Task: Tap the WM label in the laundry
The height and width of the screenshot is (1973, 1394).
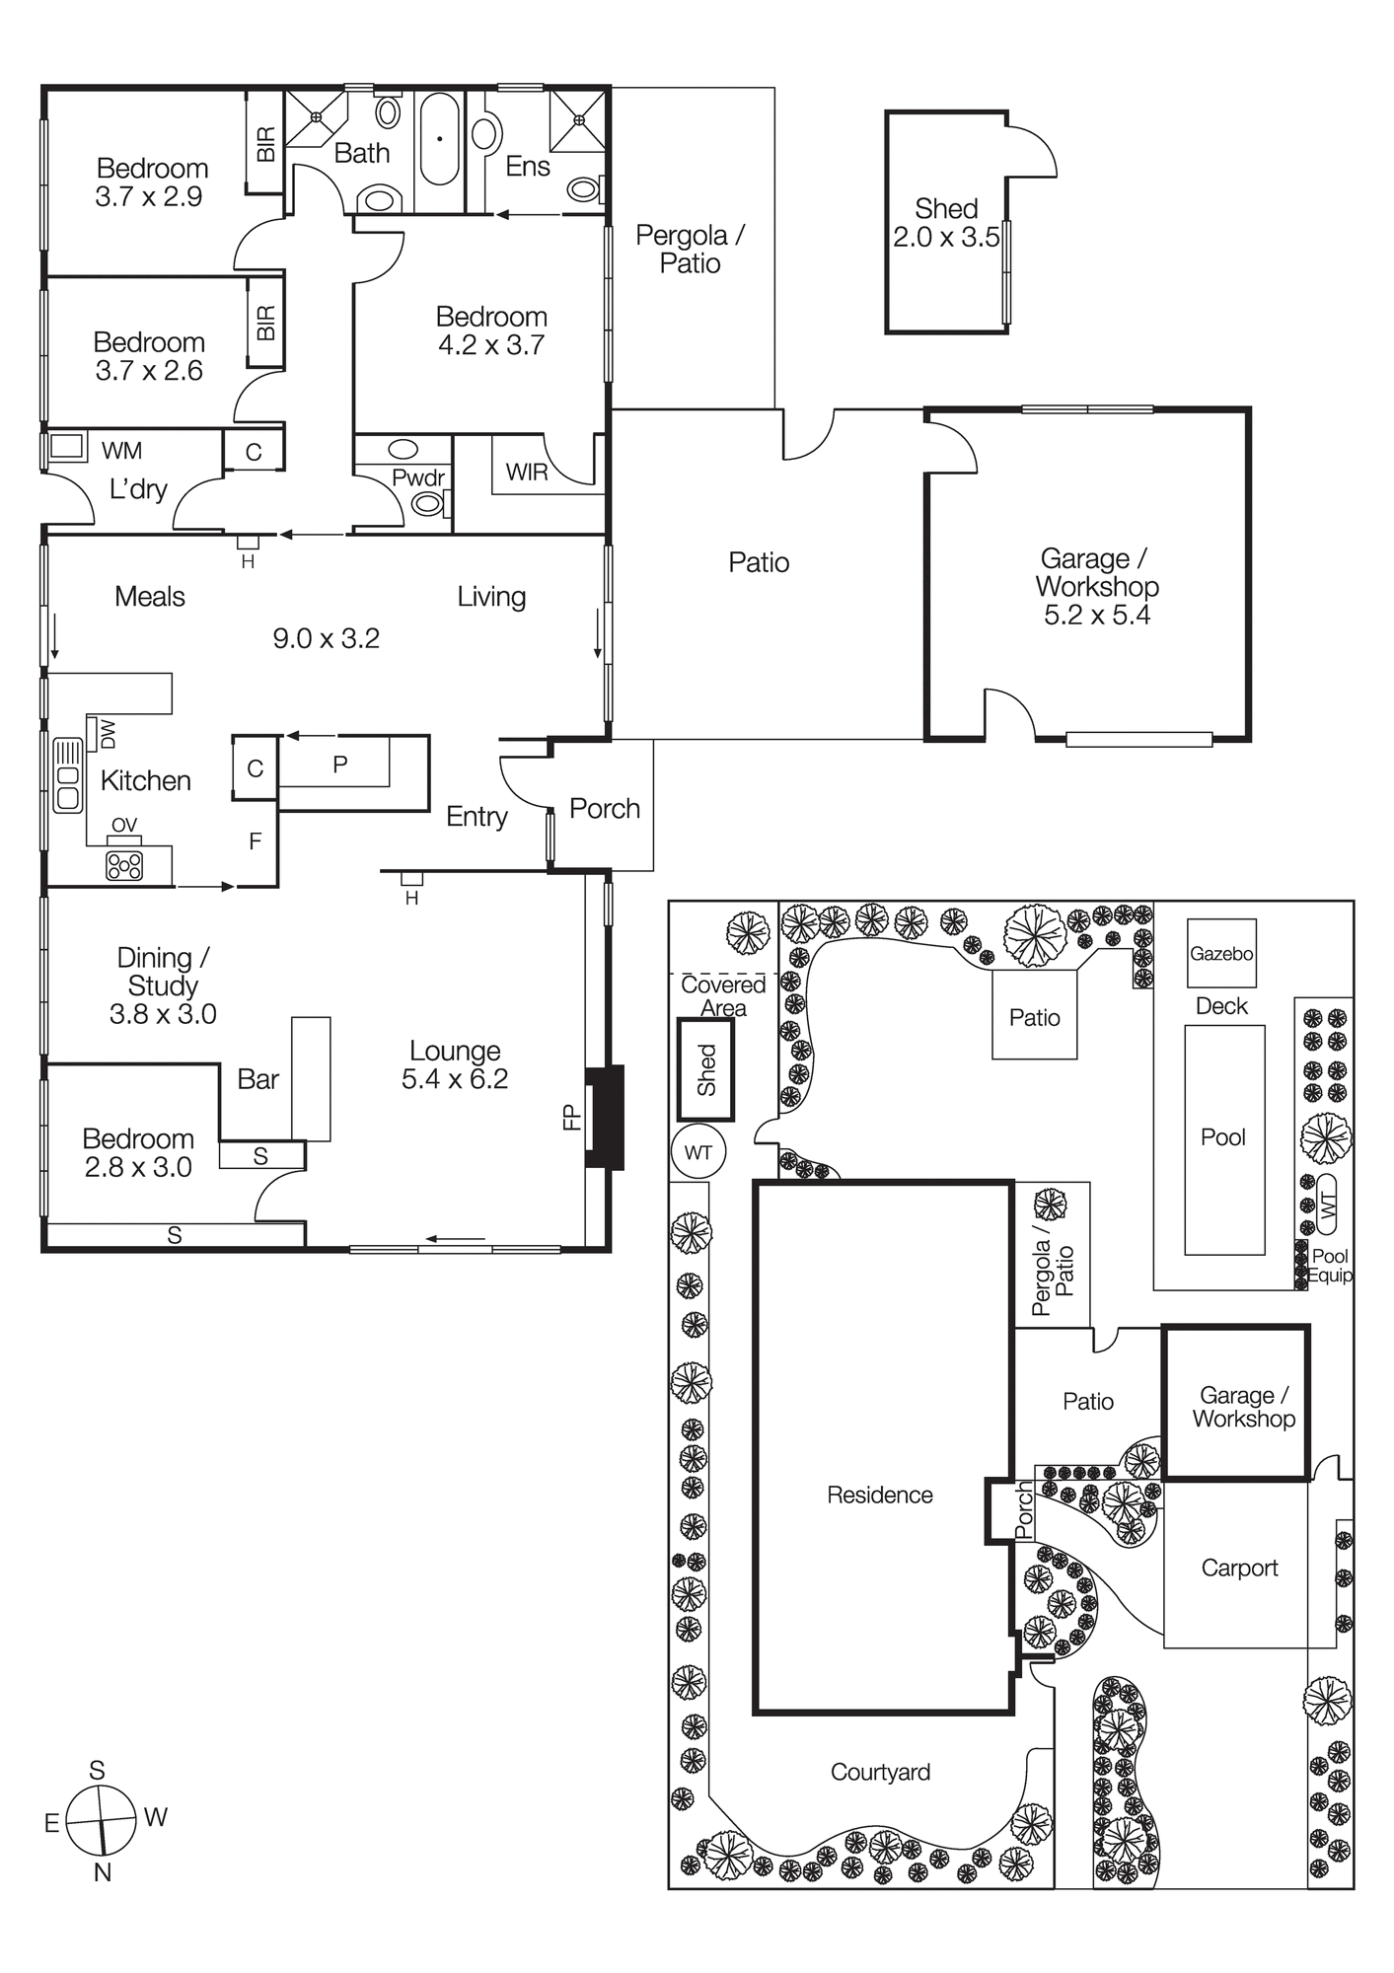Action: coord(121,451)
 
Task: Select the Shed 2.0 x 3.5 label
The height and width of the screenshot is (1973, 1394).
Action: coord(946,223)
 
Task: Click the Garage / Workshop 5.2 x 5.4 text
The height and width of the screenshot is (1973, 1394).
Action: coord(1096,586)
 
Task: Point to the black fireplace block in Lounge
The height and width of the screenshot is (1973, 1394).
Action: coord(605,1117)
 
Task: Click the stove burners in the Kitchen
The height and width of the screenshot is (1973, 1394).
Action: coord(124,866)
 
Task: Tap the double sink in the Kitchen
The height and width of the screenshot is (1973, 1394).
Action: coord(68,775)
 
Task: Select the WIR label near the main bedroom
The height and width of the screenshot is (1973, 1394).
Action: coord(526,473)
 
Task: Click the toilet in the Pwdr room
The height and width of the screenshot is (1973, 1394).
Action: coord(428,504)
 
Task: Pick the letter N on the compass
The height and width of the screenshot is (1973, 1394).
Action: coord(102,1871)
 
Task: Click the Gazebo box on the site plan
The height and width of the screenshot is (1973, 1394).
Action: coord(1220,954)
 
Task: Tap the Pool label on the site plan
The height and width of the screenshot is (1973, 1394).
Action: coord(1223,1137)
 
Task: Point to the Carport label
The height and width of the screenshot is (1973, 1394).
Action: coord(1239,1568)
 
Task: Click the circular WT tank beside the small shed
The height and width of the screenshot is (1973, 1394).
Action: coord(698,1152)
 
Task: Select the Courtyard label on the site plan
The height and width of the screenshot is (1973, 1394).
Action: coord(880,1772)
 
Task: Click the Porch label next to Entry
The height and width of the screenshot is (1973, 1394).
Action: coord(605,809)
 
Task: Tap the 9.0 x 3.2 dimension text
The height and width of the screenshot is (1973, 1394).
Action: coord(326,638)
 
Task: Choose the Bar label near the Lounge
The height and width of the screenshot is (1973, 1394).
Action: coord(257,1079)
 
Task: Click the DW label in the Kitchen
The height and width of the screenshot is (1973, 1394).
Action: coord(108,733)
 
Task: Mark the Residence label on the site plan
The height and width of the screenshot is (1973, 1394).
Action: coord(879,1495)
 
